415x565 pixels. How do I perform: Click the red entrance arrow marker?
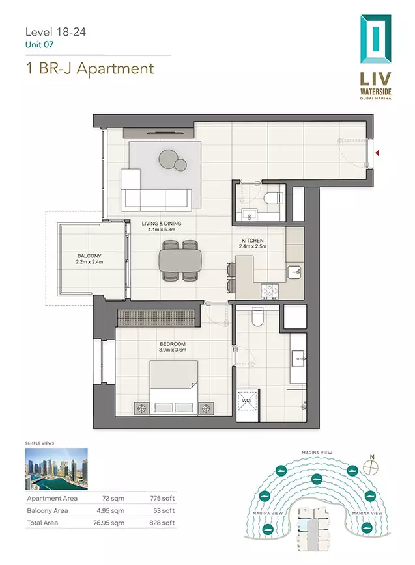click(377, 153)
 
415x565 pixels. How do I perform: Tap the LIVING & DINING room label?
click(162, 224)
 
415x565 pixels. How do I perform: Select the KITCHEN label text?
click(253, 241)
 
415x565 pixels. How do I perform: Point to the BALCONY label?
click(89, 256)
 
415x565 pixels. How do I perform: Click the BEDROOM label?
click(173, 344)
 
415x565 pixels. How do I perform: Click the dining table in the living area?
click(180, 260)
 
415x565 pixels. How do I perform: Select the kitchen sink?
click(294, 272)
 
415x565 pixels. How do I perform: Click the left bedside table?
click(141, 408)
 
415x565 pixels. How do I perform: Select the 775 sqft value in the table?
click(162, 498)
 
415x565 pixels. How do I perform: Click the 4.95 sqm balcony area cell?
click(111, 510)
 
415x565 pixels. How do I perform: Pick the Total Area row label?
click(42, 523)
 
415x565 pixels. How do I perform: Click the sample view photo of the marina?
click(56, 469)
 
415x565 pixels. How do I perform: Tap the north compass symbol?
click(371, 467)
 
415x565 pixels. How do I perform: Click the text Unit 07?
click(39, 45)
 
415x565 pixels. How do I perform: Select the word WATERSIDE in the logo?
click(376, 91)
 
